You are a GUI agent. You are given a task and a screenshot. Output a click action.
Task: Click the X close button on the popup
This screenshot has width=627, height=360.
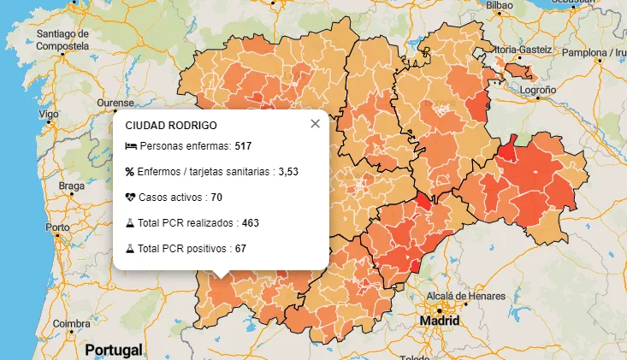pos(315,124)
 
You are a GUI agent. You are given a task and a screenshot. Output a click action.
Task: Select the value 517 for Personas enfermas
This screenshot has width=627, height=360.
pos(242,147)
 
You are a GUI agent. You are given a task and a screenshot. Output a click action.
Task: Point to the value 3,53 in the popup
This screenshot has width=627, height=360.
pos(288,172)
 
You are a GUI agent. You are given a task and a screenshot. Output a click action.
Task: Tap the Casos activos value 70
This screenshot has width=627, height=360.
pos(216,198)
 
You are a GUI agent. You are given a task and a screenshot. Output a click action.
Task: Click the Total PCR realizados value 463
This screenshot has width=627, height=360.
pos(250,223)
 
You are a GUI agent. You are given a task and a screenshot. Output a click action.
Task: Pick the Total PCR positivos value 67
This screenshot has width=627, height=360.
pos(240,249)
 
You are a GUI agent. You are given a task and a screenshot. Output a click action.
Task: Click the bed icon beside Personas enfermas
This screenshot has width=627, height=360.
pos(131,147)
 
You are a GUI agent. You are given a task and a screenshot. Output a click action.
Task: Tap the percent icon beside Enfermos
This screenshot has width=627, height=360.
pos(131,172)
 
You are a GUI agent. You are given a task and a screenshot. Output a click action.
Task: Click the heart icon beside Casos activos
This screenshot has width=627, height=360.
pos(131,198)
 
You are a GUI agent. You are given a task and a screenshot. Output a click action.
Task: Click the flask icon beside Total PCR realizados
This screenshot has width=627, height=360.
pos(131,223)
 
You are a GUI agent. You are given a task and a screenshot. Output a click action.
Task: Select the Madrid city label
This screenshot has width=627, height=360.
pos(439,321)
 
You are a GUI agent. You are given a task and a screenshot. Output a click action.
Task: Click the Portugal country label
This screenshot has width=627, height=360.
pos(113,350)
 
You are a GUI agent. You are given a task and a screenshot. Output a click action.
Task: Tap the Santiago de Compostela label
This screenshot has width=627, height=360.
pos(62,38)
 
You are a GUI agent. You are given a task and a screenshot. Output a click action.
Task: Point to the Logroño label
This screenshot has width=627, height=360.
pos(538,89)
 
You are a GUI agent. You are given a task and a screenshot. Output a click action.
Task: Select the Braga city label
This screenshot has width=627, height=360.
pos(71,186)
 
